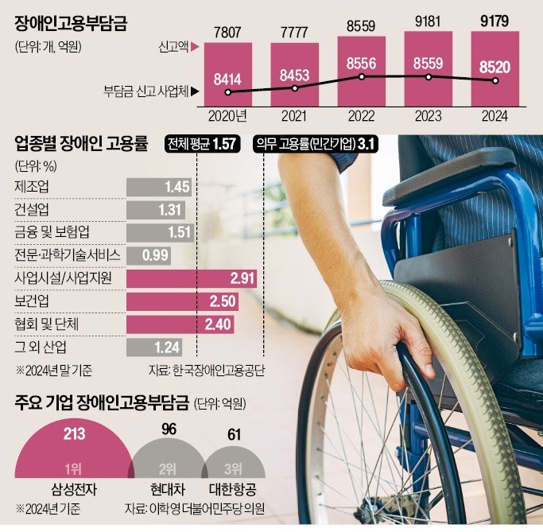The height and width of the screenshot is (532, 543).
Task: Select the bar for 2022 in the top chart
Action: pyautogui.click(x=362, y=72)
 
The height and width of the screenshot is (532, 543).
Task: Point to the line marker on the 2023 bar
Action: pyautogui.click(x=429, y=77)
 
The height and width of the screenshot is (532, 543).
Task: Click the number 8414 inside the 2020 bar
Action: pyautogui.click(x=229, y=78)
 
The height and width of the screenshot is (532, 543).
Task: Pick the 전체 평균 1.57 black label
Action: pyautogui.click(x=203, y=144)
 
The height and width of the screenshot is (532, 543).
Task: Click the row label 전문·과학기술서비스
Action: pyautogui.click(x=67, y=255)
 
